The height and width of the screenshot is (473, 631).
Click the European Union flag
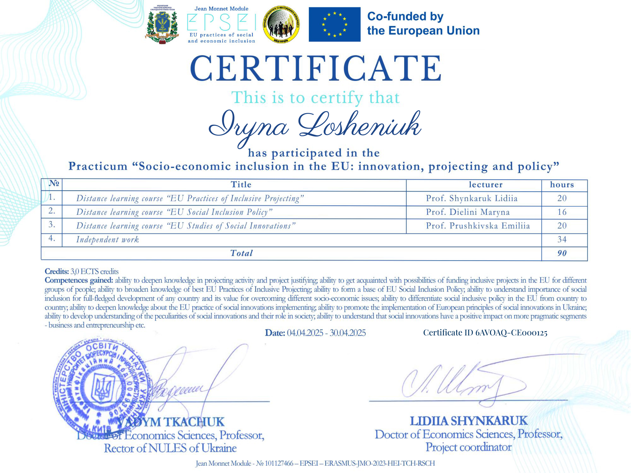(334, 25)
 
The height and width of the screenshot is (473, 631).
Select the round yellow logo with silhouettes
(281, 25)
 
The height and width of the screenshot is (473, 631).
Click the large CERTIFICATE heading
(315, 68)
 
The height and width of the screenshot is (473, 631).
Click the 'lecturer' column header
(485, 185)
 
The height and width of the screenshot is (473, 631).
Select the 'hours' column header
(562, 185)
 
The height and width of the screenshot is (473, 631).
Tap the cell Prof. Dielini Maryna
(468, 212)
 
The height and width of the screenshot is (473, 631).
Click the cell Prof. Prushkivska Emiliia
(478, 226)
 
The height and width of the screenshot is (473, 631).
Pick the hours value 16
(562, 212)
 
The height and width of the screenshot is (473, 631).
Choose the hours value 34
(562, 240)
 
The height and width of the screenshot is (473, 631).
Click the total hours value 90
(562, 253)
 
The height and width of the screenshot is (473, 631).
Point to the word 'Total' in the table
(241, 253)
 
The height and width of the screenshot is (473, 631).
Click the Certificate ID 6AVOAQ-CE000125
(485, 333)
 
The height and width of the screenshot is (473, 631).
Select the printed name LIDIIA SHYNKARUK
(469, 421)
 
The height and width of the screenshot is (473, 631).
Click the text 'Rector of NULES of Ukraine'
(170, 448)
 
